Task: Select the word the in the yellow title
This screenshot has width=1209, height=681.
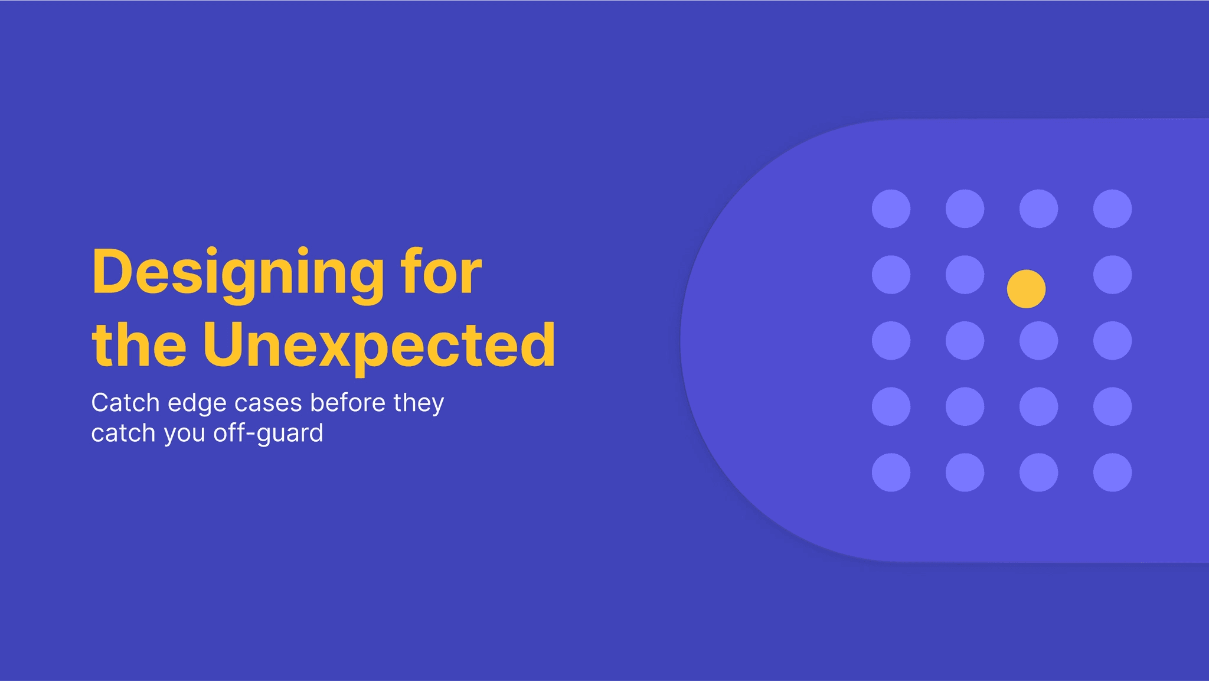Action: tap(139, 345)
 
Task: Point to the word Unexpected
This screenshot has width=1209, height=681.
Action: tap(378, 346)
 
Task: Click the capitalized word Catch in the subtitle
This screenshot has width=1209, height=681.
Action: tap(125, 403)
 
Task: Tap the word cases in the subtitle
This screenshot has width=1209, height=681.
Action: tap(269, 403)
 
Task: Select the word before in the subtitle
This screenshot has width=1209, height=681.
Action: tap(348, 403)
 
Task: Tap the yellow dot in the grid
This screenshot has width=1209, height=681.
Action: tap(1026, 289)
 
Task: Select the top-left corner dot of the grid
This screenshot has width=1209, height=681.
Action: tap(891, 208)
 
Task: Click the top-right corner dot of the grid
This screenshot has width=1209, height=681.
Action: tap(1112, 208)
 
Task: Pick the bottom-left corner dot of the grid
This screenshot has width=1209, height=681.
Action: tap(891, 473)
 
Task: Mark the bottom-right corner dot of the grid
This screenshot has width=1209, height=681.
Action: tap(1112, 473)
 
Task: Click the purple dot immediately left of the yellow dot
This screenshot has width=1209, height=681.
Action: tap(965, 275)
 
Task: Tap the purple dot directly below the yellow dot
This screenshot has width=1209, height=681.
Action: tap(1038, 341)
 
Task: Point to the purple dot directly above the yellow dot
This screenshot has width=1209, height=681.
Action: tap(1038, 208)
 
